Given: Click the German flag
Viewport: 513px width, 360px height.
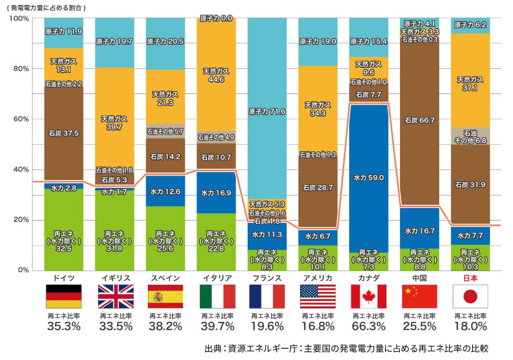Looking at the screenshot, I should tap(63, 296).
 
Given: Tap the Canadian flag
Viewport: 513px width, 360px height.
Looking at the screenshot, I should tap(368, 296).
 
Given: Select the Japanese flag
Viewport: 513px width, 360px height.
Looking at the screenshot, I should tap(470, 296).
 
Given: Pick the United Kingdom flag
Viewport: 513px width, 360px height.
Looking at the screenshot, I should tap(114, 296).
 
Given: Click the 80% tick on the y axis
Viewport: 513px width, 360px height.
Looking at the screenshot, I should tap(20, 69).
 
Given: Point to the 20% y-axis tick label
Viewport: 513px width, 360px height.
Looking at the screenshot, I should tap(20, 220).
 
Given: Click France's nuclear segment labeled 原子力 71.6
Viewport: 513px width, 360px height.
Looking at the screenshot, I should tap(266, 110).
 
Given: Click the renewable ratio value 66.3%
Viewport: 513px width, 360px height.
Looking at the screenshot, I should tap(368, 326).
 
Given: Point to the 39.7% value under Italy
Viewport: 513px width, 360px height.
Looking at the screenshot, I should tap(216, 326).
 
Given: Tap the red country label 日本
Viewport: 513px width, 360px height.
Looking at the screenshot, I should tap(470, 278).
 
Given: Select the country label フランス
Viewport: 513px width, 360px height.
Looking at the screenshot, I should tap(266, 278).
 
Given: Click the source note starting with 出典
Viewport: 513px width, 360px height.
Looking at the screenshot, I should tap(346, 349).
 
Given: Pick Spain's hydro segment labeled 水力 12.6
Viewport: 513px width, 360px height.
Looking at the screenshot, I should tap(165, 192).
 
